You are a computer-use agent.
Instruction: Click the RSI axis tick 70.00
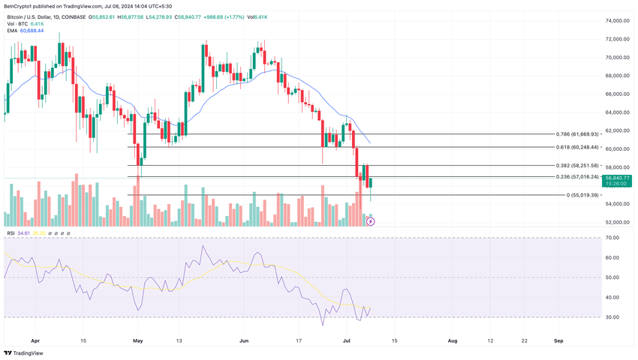612,238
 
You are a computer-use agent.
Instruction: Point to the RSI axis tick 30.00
612,317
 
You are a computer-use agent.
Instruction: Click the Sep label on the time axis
558,340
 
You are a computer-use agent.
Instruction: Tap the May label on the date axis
137,340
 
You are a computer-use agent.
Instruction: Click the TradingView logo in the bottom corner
23,352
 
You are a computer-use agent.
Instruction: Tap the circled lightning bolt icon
370,221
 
